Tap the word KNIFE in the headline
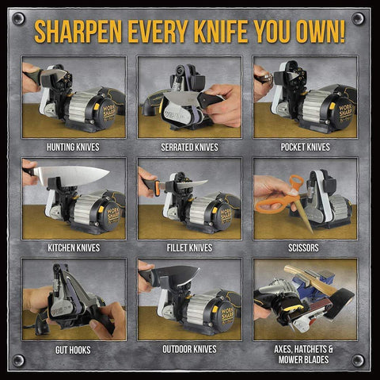237,32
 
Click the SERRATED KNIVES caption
189,147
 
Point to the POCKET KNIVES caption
305,147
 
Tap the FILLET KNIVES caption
189,248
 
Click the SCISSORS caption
305,248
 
